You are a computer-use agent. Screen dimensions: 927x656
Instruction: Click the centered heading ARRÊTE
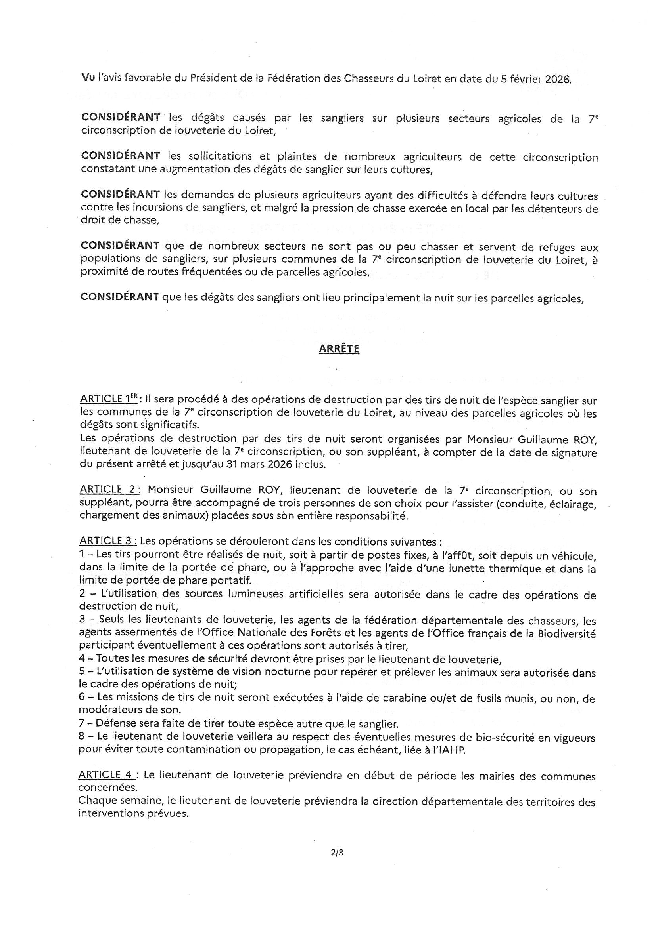click(339, 349)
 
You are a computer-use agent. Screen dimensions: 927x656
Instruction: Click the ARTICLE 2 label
click(110, 490)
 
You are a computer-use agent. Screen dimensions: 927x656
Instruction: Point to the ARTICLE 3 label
click(108, 541)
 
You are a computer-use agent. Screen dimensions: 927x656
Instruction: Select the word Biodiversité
click(566, 634)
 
